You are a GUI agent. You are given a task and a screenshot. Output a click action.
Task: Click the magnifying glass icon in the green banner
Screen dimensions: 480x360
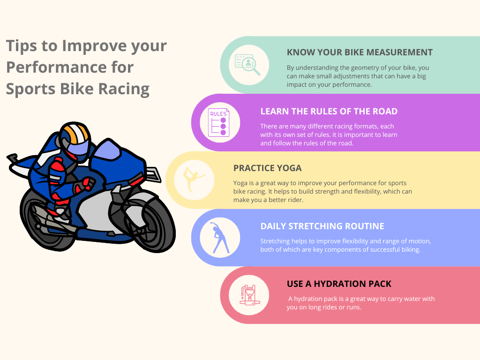(247, 65)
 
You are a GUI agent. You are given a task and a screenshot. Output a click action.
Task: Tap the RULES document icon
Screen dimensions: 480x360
(218, 122)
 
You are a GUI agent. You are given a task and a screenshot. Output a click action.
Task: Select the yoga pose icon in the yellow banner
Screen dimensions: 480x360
(193, 180)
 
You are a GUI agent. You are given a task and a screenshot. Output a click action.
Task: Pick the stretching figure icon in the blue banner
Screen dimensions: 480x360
(219, 238)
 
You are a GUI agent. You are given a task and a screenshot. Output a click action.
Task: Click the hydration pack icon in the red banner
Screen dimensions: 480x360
(249, 295)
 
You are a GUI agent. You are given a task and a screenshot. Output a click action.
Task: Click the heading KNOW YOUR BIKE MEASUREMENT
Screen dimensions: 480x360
(360, 52)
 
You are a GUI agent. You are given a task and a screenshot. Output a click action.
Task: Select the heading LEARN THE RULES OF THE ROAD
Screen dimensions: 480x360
(329, 112)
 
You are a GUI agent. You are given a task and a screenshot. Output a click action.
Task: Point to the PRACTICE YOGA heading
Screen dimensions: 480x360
(267, 168)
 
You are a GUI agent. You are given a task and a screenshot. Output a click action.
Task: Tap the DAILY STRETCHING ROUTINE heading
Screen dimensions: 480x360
(322, 226)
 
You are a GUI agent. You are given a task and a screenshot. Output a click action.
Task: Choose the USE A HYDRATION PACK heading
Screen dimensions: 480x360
(339, 284)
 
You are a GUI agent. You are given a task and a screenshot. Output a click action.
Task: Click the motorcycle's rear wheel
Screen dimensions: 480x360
(46, 220)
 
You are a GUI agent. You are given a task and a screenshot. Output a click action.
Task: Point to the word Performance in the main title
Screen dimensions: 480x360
(70, 67)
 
